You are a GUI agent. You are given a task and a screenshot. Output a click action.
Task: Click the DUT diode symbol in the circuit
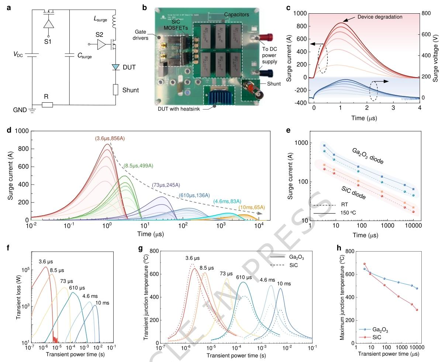(x=116, y=67)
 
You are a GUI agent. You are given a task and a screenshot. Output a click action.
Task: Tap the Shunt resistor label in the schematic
(x=131, y=90)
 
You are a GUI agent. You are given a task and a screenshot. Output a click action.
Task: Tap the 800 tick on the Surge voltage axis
(x=427, y=13)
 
